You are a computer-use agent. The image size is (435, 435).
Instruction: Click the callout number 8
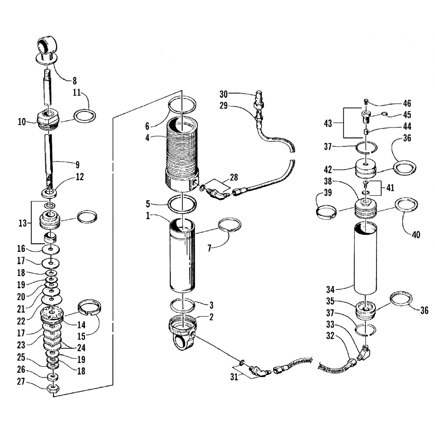pos(75,81)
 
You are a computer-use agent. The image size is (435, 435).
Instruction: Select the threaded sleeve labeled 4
pos(182,154)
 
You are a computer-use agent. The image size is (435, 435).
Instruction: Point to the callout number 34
pos(330,289)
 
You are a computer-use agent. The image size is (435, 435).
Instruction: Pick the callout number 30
pos(223,94)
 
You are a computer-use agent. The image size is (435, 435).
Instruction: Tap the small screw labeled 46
pos(366,101)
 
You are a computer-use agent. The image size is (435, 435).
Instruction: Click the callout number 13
pos(23,223)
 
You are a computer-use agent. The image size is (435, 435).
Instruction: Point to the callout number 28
pos(234,177)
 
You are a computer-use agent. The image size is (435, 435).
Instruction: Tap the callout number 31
pos(234,377)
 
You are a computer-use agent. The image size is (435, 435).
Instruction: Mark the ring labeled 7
pos(229,225)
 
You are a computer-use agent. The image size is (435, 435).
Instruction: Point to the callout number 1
pos(148,216)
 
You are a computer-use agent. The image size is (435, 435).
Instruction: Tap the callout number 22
pos(21,321)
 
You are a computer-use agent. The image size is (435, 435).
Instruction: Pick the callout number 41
pos(390,188)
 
